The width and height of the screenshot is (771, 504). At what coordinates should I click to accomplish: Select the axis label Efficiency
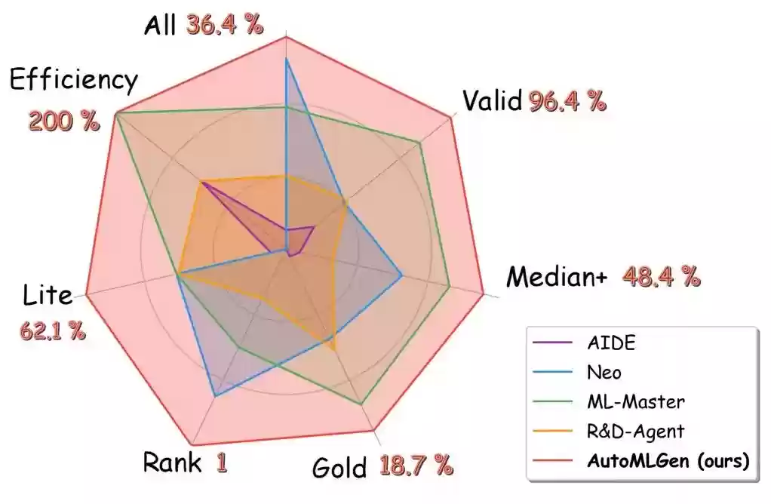[x=74, y=80]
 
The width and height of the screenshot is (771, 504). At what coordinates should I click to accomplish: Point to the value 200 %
[x=64, y=121]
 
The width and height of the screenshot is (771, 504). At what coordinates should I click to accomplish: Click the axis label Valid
[x=492, y=100]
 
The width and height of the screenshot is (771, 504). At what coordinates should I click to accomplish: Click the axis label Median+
[x=557, y=278]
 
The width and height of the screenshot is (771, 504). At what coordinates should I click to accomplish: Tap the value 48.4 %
[x=661, y=277]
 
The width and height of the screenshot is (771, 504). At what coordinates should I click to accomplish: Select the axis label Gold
[x=339, y=468]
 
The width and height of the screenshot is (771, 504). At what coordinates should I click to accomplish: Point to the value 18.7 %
[x=416, y=466]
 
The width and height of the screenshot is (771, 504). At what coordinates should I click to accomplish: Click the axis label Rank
[x=172, y=462]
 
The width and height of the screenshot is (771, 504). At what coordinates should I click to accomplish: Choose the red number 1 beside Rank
[x=222, y=462]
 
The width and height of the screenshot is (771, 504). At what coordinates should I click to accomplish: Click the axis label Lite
[x=48, y=295]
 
